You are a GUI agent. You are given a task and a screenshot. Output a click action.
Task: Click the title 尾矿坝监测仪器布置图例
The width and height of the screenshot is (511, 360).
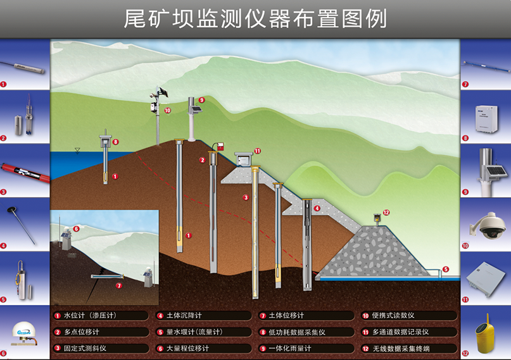255,19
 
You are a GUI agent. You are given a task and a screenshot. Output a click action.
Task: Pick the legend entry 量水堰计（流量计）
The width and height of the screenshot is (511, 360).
193,332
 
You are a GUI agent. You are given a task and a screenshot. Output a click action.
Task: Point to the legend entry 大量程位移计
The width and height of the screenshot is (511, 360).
187,348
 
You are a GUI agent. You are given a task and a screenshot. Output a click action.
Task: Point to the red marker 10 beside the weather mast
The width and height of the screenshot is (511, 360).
168,110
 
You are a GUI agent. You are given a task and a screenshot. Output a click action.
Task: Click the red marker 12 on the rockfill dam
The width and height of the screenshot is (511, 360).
386,213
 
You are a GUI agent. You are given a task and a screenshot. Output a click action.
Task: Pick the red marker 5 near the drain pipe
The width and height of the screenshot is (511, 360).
445,269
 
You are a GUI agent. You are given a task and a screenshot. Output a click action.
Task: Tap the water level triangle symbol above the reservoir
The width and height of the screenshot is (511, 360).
77,150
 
